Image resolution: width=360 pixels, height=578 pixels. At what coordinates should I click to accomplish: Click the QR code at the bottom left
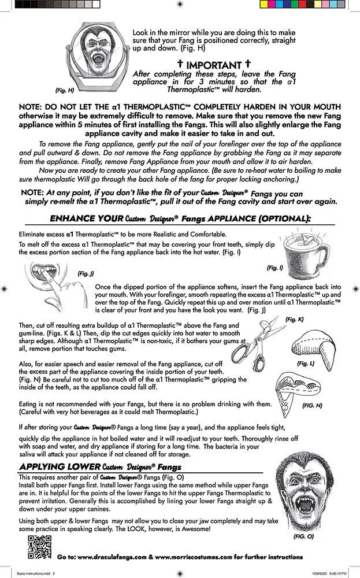[36, 546]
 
